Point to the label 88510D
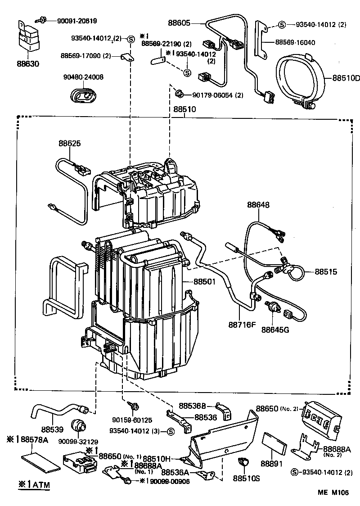point(346,77)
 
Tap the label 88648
point(258,205)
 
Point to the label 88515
point(326,272)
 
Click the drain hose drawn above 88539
point(58,410)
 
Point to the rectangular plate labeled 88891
point(274,443)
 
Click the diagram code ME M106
point(334,492)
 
